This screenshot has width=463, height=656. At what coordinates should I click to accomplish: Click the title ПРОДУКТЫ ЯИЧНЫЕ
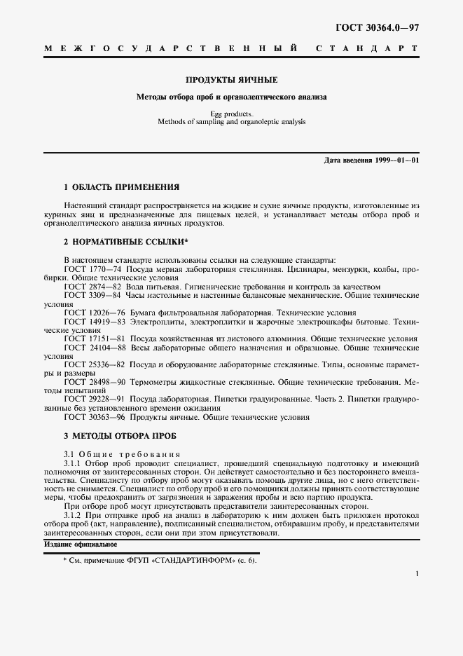click(231, 80)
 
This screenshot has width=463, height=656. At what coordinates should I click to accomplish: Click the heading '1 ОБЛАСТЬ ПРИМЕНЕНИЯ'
click(121, 187)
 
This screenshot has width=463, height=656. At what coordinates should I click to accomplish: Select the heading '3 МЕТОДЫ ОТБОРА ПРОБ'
click(120, 435)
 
